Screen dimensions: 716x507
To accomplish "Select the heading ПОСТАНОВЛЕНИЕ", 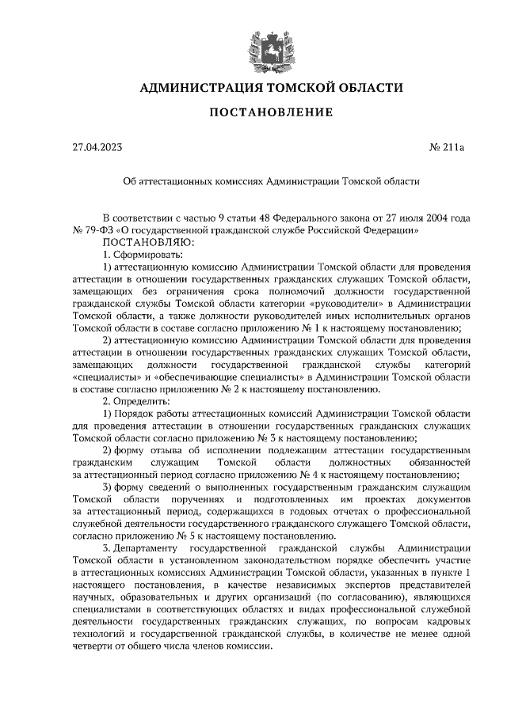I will [x=270, y=112].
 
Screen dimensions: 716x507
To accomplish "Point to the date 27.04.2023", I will [x=97, y=147].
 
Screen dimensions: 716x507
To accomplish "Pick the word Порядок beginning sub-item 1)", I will [x=139, y=414].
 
